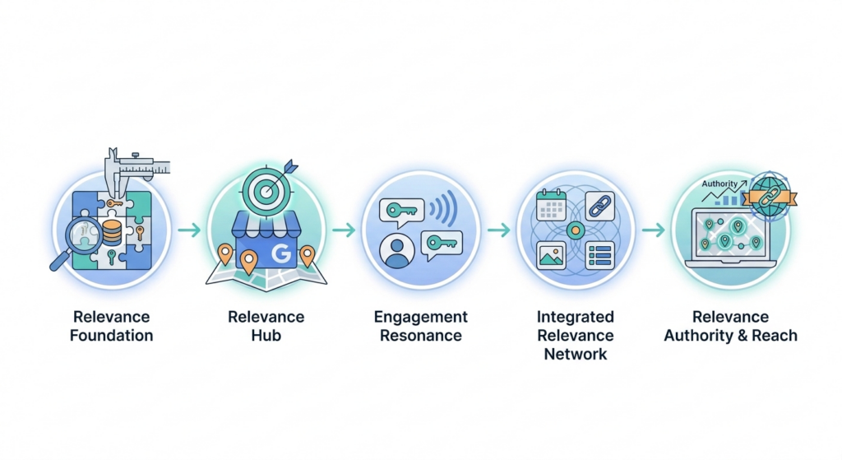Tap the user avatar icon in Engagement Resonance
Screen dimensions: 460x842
(x=398, y=249)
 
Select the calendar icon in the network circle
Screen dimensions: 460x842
(x=550, y=203)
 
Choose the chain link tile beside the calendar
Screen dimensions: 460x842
(x=599, y=204)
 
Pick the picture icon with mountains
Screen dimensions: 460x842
(x=550, y=255)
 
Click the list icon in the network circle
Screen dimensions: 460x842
(x=599, y=255)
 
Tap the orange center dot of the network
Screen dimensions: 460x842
(x=575, y=230)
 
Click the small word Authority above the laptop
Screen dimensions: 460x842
(x=718, y=185)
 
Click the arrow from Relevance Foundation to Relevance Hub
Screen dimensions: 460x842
(x=189, y=230)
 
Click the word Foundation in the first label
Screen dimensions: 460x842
(x=111, y=336)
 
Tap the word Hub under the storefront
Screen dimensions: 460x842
(x=266, y=336)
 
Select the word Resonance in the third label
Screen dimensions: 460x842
(x=420, y=336)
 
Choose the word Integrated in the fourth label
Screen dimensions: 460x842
(x=575, y=317)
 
